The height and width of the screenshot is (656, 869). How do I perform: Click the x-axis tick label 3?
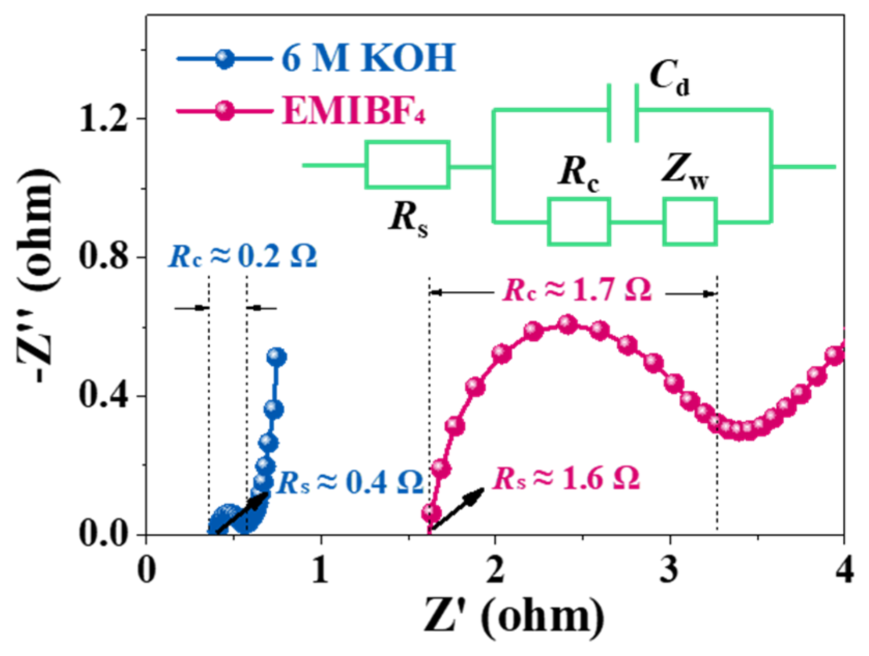point(670,571)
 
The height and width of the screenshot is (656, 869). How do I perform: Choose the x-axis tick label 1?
point(321,571)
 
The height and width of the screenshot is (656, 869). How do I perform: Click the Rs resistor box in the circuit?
point(407,164)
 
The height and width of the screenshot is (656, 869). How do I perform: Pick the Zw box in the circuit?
point(690,221)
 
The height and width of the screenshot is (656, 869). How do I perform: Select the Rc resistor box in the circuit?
point(579,221)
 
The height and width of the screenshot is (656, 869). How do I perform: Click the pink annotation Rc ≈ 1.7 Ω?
point(577,291)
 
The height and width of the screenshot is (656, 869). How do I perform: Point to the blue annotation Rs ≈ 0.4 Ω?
point(350,483)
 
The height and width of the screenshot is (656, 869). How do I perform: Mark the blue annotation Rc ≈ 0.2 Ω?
point(242,256)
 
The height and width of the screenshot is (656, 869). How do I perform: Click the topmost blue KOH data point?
point(277,357)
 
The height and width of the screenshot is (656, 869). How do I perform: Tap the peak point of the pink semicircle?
point(568,324)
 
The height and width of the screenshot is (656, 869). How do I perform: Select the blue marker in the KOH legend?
point(224,58)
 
